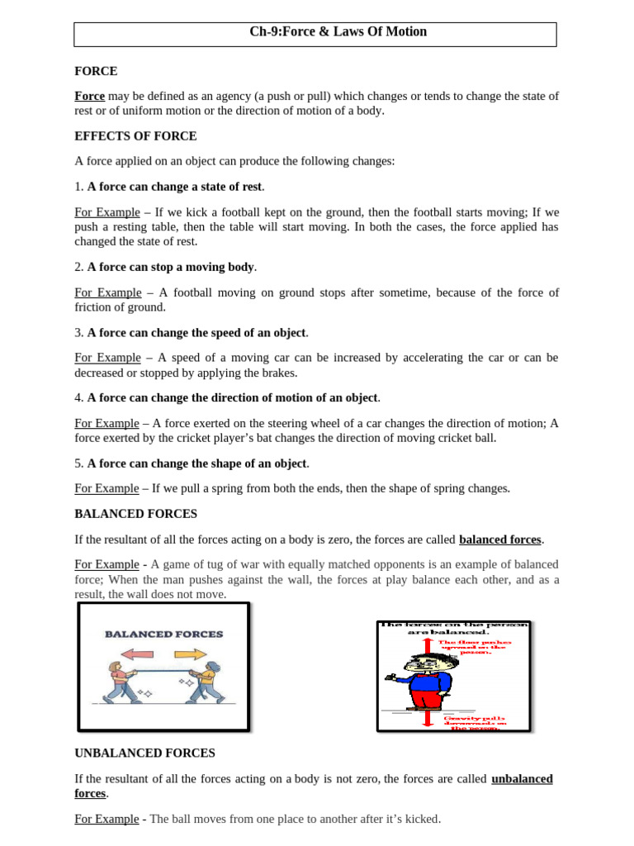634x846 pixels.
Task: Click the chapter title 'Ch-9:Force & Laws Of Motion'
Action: (x=338, y=32)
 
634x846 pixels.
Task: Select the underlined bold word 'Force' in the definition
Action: (x=90, y=97)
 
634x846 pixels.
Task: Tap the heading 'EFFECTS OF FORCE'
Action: (x=135, y=136)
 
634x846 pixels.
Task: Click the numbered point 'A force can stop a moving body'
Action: (x=171, y=267)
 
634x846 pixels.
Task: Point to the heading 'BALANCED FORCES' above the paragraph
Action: (x=135, y=514)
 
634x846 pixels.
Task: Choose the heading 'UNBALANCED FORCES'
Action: (x=144, y=753)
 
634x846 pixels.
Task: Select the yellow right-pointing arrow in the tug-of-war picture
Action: (x=190, y=654)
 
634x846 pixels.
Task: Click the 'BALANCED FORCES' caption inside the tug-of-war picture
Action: (x=163, y=634)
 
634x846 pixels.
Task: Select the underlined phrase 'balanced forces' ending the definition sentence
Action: (x=500, y=539)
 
